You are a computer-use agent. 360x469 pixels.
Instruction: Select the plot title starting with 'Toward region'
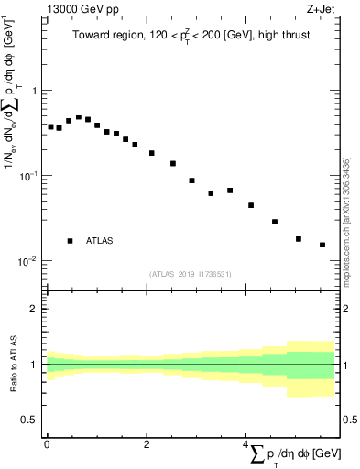[x=191, y=38]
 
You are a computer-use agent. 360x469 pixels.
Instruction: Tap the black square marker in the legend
[x=70, y=241]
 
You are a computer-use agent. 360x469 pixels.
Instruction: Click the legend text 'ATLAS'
[x=100, y=241]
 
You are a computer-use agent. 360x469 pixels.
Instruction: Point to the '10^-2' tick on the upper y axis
[x=28, y=261]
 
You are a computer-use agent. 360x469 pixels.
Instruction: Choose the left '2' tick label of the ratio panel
[x=34, y=309]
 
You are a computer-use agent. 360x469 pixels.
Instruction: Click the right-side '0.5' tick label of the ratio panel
[x=348, y=420]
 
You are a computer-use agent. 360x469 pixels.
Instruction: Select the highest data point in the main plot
[x=79, y=117]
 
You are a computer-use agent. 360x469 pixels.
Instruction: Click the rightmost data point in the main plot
[x=322, y=245]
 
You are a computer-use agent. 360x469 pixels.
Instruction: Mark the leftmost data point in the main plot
[x=50, y=126]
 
